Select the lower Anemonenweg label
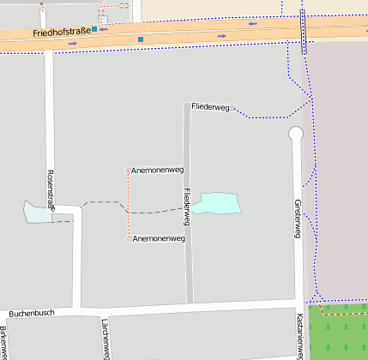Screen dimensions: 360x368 point(160,238)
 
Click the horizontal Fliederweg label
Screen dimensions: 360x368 point(211,107)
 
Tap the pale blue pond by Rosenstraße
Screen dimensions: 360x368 point(39,211)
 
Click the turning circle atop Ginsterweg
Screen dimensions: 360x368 point(296,134)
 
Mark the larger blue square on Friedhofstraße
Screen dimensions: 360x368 point(141,39)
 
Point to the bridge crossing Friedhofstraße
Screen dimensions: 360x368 point(303,33)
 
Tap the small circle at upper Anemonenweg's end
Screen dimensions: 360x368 point(129,171)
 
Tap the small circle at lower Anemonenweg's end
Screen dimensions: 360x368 point(129,238)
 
